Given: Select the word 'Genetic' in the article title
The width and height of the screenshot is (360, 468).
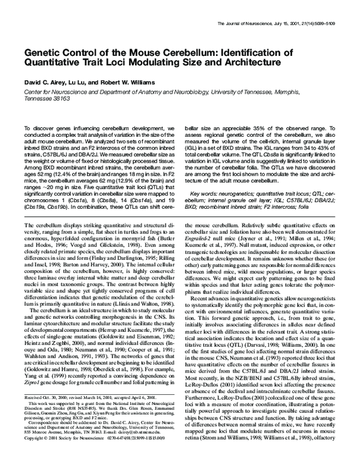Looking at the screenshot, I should pos(44,54).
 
